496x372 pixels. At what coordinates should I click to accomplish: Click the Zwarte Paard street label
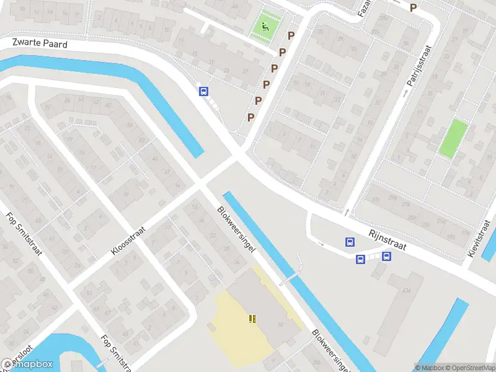click(x=40, y=43)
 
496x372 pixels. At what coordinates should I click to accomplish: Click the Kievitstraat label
click(x=480, y=238)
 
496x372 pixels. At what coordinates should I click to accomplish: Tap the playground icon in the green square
click(x=265, y=26)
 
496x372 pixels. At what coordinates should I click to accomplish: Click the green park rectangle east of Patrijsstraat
click(x=453, y=138)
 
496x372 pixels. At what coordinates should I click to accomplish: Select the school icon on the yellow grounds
click(x=252, y=319)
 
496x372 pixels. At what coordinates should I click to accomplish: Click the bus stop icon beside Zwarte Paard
click(x=203, y=91)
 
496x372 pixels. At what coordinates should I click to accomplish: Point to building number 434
click(x=407, y=290)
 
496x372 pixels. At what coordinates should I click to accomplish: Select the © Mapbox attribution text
click(x=430, y=368)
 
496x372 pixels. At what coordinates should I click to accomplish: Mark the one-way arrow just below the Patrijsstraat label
click(x=405, y=94)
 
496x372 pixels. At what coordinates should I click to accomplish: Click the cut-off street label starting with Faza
click(x=365, y=7)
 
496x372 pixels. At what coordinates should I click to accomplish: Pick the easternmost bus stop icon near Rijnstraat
click(x=386, y=256)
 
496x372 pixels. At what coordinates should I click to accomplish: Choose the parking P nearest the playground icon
click(x=291, y=36)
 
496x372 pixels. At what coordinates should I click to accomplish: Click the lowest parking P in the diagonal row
click(x=251, y=117)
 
